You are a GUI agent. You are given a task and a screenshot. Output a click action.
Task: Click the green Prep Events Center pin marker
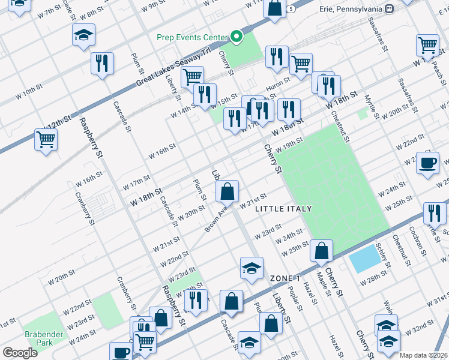pyautogui.click(x=237, y=37)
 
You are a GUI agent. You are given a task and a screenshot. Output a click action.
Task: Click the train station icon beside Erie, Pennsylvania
pyautogui.click(x=389, y=9)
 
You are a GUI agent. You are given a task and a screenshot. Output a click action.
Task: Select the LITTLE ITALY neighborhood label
pyautogui.click(x=283, y=208)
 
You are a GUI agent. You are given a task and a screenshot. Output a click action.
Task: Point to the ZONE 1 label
pyautogui.click(x=285, y=278)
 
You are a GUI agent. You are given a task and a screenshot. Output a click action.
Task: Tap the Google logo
pyautogui.click(x=19, y=353)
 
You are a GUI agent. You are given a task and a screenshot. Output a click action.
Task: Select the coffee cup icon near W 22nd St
pyautogui.click(x=428, y=163)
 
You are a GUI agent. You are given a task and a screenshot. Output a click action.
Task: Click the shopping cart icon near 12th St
pyautogui.click(x=46, y=140)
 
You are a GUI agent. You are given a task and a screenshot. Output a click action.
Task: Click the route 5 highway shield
pyautogui.click(x=291, y=9)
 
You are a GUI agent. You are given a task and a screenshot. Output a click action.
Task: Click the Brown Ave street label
pyautogui.click(x=217, y=220)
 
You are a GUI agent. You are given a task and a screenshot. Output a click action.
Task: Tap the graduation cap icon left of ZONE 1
pyautogui.click(x=252, y=268)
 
